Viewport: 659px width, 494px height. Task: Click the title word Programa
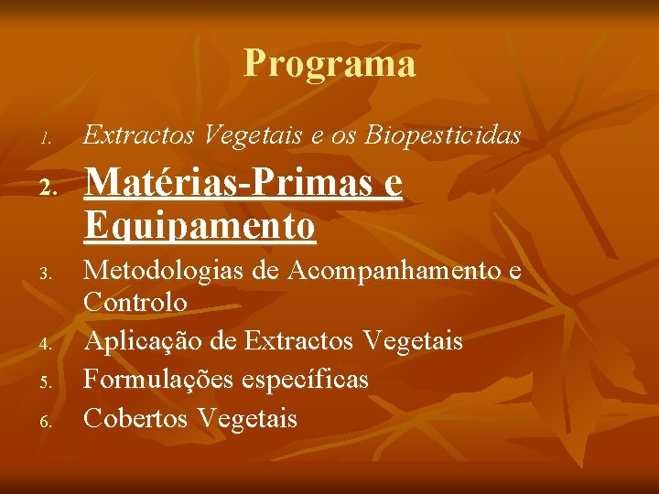tap(329, 64)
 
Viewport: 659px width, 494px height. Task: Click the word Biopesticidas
tap(443, 135)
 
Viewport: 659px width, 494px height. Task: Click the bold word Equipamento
tap(200, 225)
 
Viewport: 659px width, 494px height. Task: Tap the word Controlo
tap(135, 302)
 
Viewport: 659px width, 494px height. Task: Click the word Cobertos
tap(136, 419)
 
